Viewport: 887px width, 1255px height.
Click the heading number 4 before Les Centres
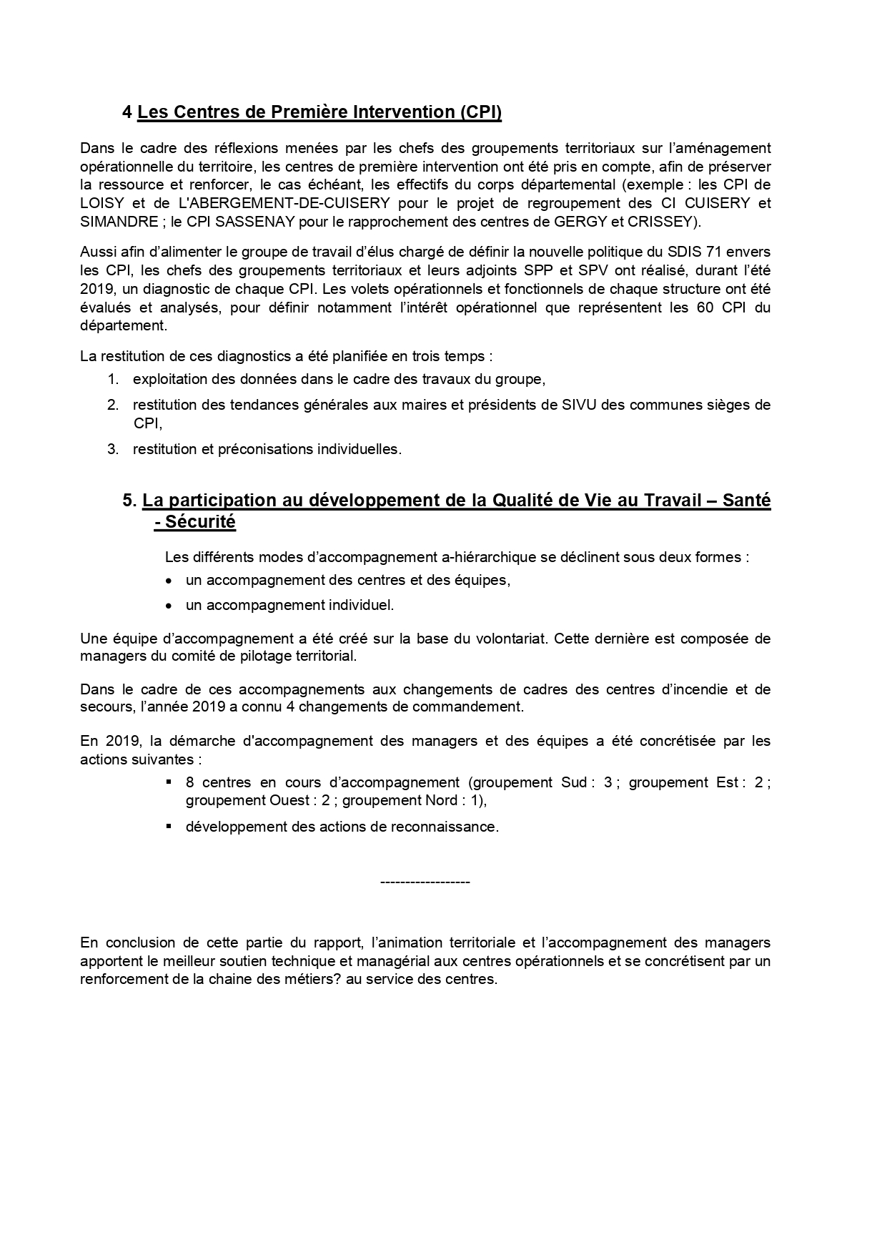(x=127, y=112)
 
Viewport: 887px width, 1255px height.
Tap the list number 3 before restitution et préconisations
(x=112, y=450)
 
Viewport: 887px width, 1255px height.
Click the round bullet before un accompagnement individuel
(x=169, y=606)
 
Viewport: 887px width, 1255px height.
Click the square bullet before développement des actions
(x=169, y=826)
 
